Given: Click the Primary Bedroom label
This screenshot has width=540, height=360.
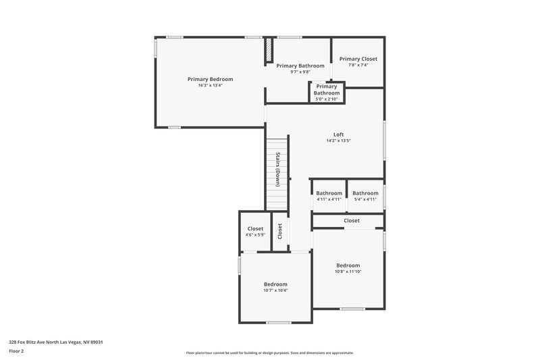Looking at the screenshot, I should pos(210,79).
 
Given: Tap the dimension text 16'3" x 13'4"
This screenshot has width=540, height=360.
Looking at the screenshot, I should pos(210,86).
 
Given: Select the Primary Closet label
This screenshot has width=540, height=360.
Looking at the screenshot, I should pos(358,59).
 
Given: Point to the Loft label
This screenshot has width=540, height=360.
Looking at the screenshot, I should pos(338,134).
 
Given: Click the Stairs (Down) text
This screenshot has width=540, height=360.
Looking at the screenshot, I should pos(277,169).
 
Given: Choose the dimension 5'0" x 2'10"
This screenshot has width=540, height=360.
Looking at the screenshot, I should pos(327,99).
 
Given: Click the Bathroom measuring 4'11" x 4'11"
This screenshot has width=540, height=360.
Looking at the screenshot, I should pos(329,193).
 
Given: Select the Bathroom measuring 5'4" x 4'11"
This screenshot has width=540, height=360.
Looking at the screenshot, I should pos(365,193).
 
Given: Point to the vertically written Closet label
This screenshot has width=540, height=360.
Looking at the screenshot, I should pos(279,231).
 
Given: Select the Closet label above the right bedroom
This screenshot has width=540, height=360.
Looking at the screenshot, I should pos(352,221).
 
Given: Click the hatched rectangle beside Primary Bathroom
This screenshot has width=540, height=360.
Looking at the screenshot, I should pos(269,49).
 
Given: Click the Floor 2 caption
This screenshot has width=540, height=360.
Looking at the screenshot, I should pos(17,351).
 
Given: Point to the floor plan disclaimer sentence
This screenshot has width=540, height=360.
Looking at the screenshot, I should pos(269,353).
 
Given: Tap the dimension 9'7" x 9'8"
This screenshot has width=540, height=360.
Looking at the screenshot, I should pos(300,72).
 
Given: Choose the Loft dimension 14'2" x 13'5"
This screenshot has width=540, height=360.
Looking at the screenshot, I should pos(338,140).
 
